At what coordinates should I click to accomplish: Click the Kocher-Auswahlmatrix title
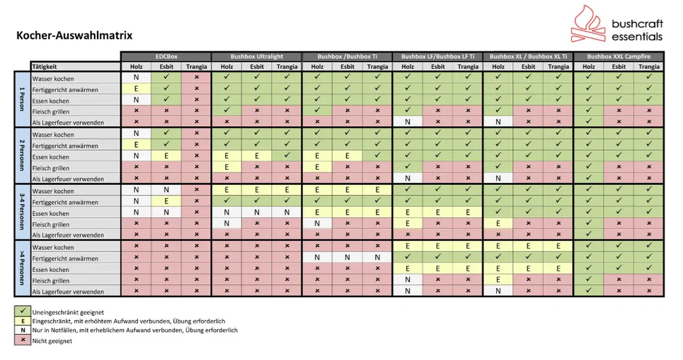(x=75, y=35)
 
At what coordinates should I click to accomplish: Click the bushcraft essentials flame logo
(x=588, y=24)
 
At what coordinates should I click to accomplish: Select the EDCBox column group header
(x=166, y=56)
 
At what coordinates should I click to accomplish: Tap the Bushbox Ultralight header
(x=256, y=56)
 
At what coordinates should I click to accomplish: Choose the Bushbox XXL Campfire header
(x=618, y=56)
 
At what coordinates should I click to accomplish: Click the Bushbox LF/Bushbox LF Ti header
(x=438, y=56)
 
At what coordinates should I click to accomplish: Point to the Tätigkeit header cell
(x=75, y=66)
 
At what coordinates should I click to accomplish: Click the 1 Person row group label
(x=22, y=99)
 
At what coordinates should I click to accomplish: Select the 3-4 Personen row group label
(x=22, y=212)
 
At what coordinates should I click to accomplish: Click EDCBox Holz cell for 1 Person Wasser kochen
(x=136, y=78)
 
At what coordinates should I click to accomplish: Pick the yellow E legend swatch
(x=22, y=322)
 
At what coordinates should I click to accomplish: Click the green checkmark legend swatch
(x=22, y=312)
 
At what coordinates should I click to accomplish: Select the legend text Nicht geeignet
(x=52, y=341)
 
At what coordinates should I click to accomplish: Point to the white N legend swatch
(x=22, y=330)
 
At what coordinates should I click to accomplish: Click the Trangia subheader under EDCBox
(x=196, y=66)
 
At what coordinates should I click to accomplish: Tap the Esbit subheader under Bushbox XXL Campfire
(x=618, y=66)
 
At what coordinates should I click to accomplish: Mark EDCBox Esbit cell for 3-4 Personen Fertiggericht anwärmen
(x=166, y=201)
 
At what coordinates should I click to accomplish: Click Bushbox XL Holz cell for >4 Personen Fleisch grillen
(x=498, y=279)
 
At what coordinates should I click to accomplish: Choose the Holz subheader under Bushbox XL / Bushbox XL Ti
(x=498, y=66)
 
